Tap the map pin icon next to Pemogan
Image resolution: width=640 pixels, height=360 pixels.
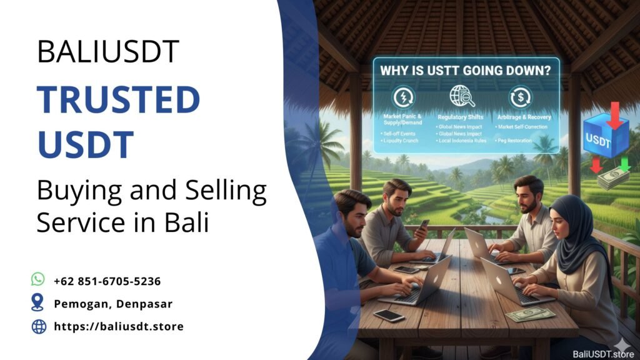click(x=38, y=303)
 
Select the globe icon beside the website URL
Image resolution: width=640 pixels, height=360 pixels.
click(x=38, y=326)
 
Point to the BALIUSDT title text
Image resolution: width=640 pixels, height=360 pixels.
click(x=108, y=51)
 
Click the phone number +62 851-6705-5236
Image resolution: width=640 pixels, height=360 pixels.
click(x=107, y=281)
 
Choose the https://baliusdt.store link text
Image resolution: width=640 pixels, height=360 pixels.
click(x=119, y=326)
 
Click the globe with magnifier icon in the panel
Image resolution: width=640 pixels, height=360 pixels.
click(x=462, y=97)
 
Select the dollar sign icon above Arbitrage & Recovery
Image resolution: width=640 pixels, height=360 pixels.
click(x=521, y=97)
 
